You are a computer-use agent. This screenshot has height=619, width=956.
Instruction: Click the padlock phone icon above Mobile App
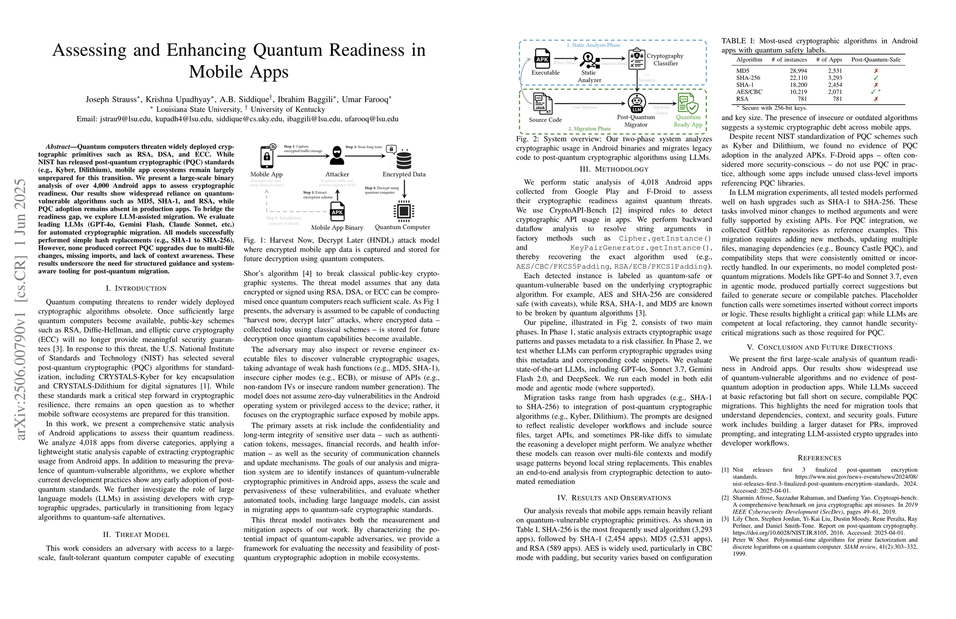pos(267,156)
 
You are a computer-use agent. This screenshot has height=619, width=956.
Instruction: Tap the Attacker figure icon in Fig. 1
pos(337,156)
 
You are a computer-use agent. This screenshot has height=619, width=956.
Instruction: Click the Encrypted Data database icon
pos(403,158)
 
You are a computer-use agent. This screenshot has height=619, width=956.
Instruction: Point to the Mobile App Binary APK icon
pos(337,211)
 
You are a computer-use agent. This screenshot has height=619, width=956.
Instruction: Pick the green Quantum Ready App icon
pos(688,103)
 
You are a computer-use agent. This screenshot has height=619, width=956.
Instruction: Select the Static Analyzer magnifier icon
pos(589,60)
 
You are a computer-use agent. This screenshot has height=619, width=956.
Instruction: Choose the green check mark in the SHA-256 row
pos(876,78)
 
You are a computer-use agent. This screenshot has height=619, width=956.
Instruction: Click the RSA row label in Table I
pos(742,99)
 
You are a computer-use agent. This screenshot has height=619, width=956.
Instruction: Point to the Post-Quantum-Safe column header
pos(876,60)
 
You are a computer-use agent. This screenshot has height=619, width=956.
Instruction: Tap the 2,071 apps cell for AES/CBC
pos(829,92)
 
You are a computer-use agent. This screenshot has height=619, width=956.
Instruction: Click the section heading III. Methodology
pos(614,169)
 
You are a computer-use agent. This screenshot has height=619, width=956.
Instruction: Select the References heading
pos(819,458)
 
